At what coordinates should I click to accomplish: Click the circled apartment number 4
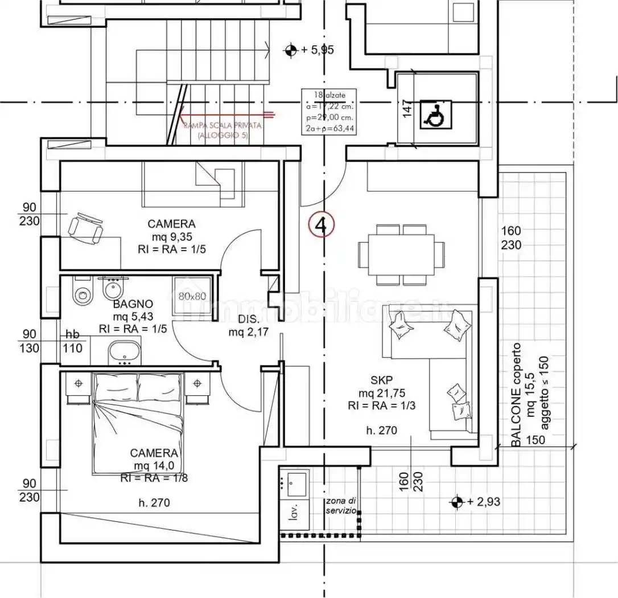tap(321, 225)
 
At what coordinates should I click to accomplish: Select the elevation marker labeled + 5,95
tap(291, 50)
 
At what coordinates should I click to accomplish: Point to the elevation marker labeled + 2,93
tap(456, 502)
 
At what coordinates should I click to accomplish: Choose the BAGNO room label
tap(133, 304)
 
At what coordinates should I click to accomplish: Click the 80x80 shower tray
tap(192, 296)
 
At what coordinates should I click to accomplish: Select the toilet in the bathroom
tap(83, 292)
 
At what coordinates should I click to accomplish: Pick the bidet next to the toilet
tap(110, 291)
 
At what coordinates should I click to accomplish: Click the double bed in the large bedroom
tap(138, 421)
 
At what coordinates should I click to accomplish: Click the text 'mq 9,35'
tap(171, 236)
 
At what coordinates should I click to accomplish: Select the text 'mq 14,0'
tap(154, 466)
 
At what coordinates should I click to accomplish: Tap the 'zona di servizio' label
tap(341, 506)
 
